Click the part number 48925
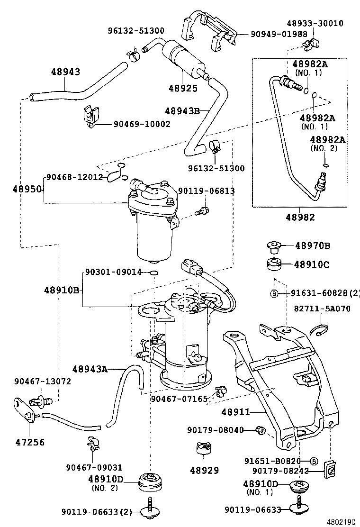coord(183,88)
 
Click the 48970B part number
coord(312,245)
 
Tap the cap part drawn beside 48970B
coord(273,246)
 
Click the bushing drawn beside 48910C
coord(273,265)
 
